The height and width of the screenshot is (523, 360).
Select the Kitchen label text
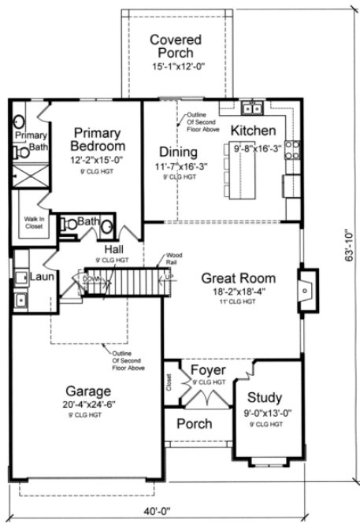pyautogui.click(x=253, y=130)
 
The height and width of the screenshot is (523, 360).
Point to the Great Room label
pyautogui.click(x=238, y=277)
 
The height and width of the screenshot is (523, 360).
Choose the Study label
pyautogui.click(x=264, y=397)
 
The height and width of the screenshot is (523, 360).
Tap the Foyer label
pyautogui.click(x=208, y=370)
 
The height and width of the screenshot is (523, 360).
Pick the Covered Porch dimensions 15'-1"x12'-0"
pyautogui.click(x=176, y=66)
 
